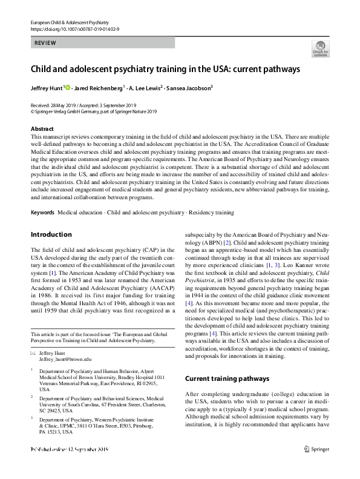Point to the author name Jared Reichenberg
coord(98,88)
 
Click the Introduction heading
coord(51,234)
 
